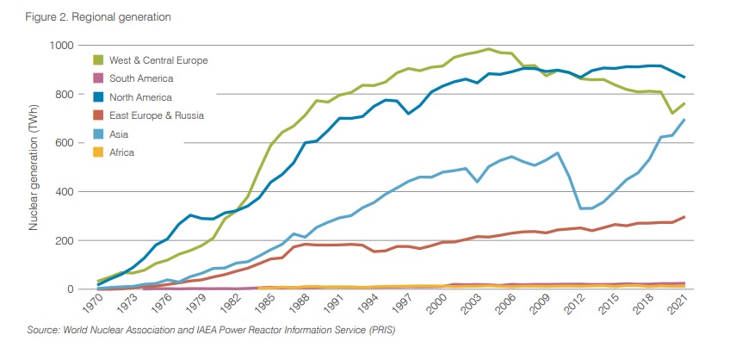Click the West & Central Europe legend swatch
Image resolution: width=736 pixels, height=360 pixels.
point(99,60)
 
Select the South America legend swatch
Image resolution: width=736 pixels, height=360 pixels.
point(99,78)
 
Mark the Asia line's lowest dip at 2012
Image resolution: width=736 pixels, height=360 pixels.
point(582,208)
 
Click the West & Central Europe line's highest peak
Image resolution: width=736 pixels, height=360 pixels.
point(488,49)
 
